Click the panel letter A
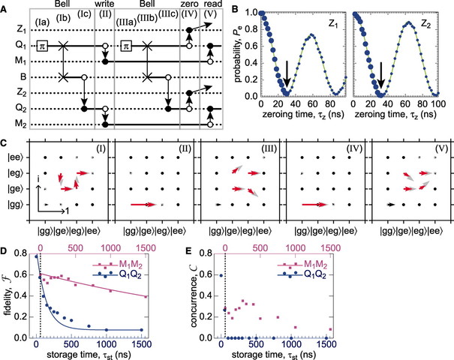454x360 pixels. click(7, 6)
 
